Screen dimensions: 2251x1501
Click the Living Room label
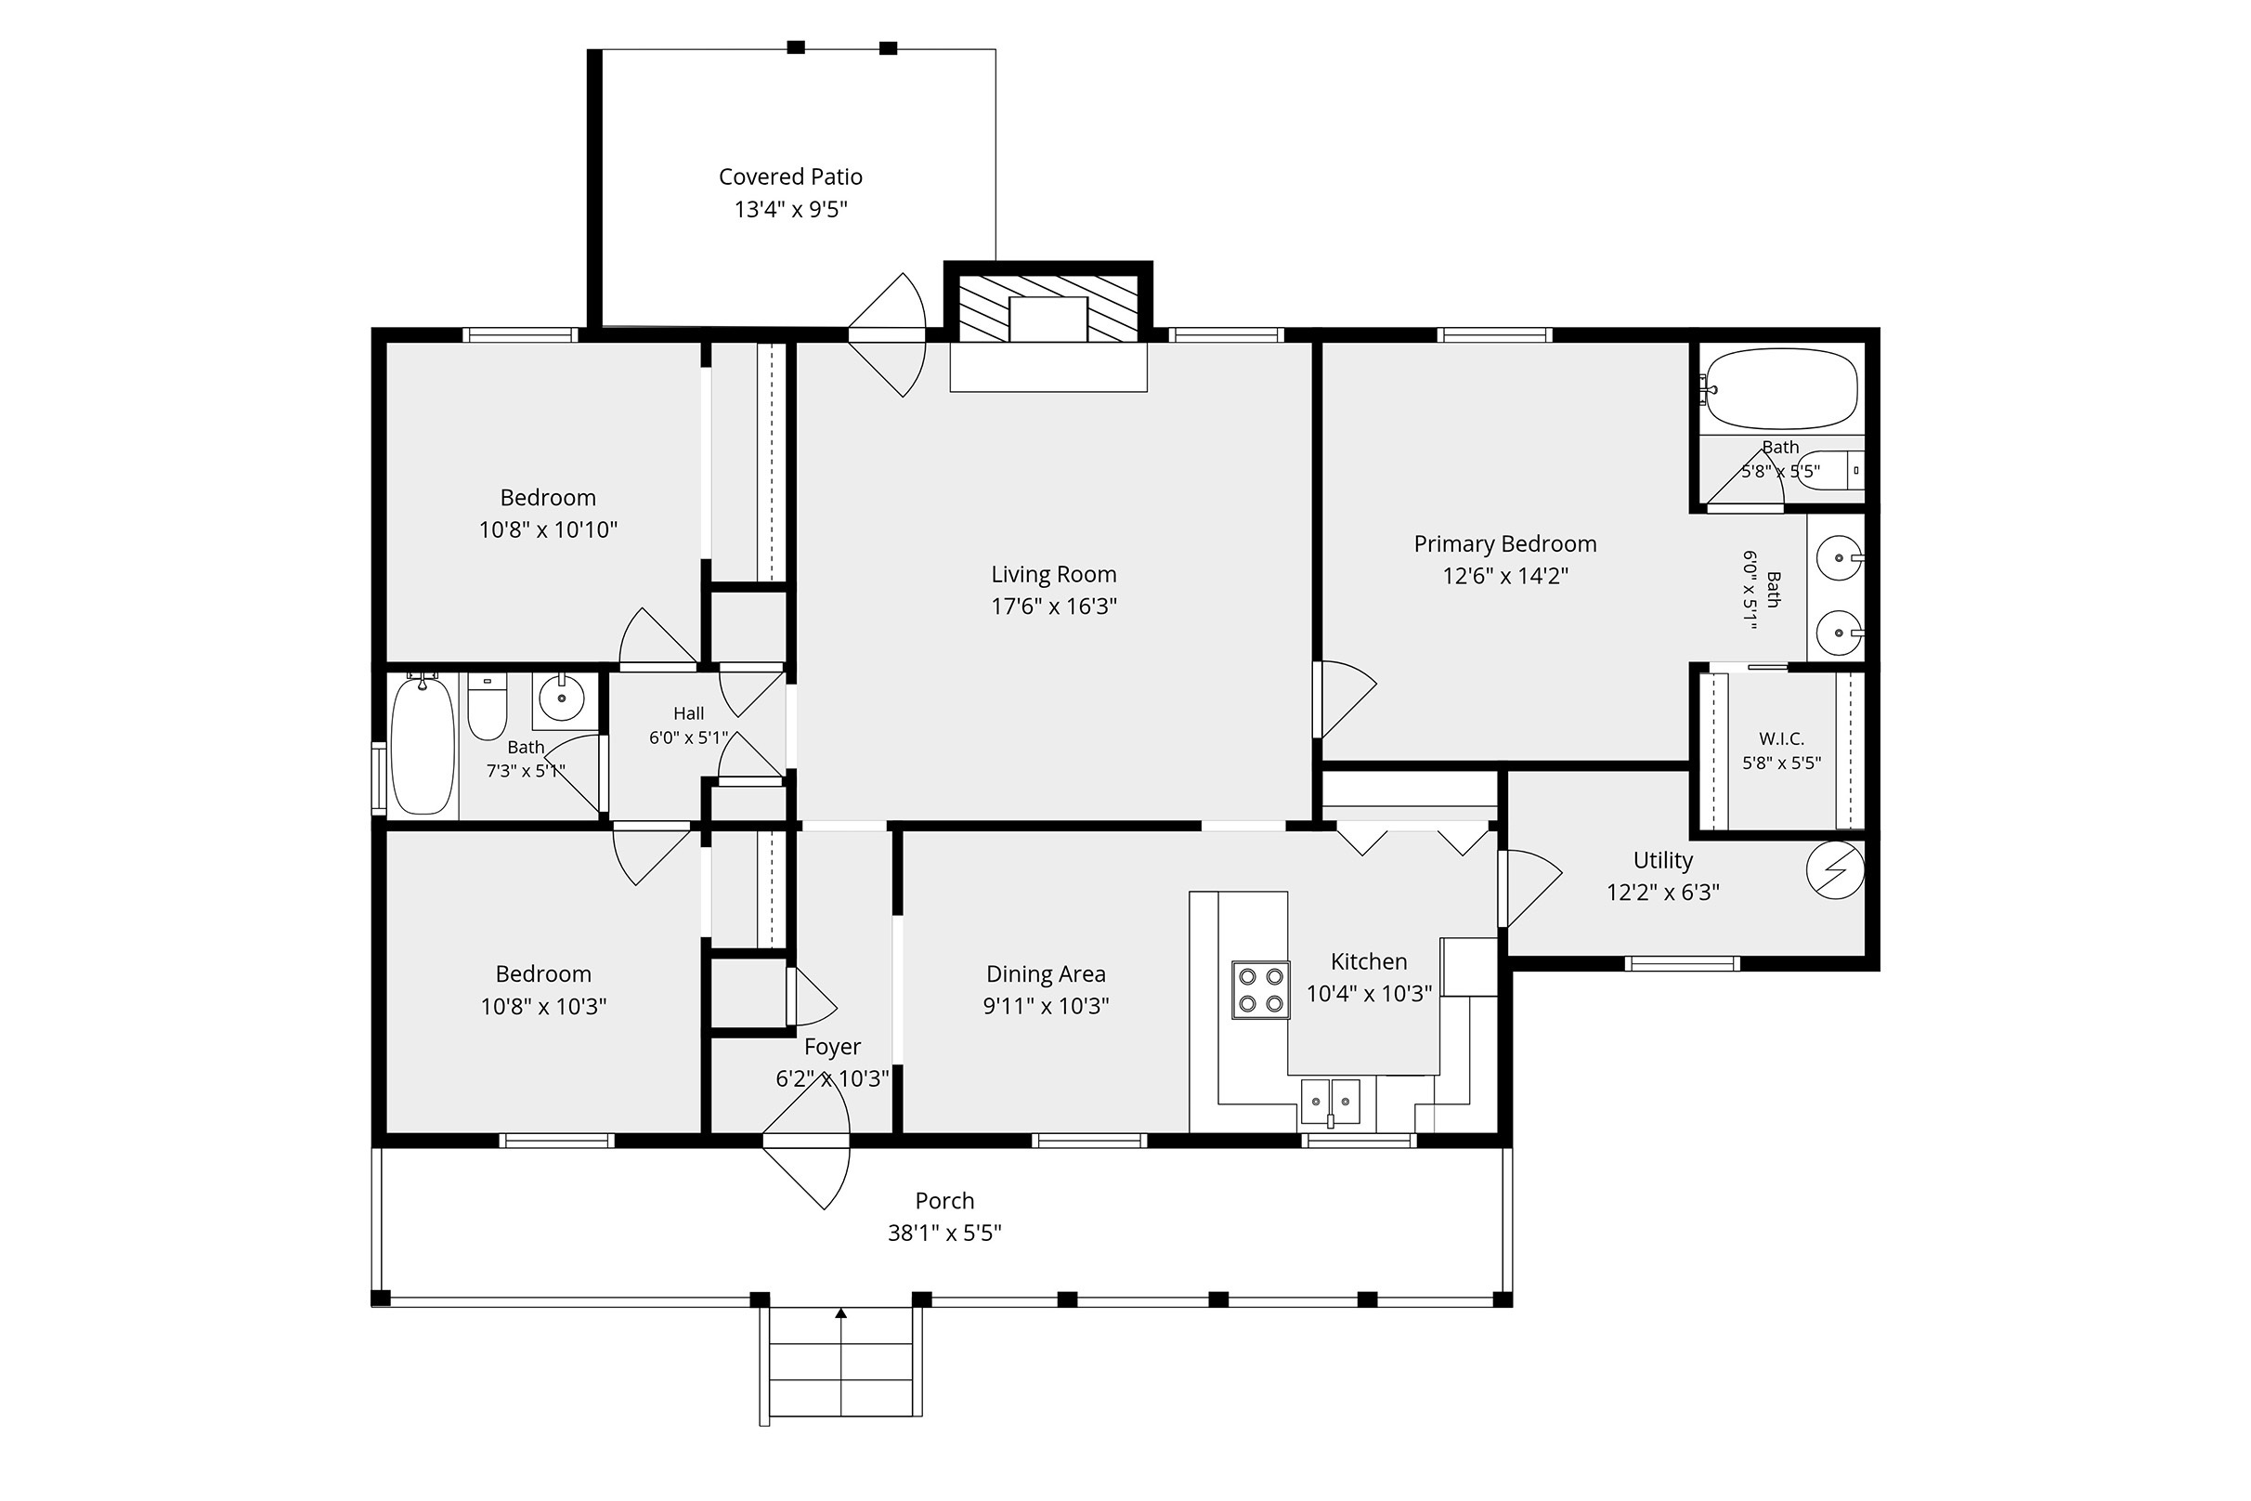pos(1054,574)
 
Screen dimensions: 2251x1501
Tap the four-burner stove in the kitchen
pos(1260,990)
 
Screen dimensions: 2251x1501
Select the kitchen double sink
pos(1331,1102)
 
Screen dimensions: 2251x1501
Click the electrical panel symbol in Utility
pos(1835,870)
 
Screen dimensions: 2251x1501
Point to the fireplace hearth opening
pos(1048,319)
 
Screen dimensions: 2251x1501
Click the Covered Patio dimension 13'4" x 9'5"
pos(791,210)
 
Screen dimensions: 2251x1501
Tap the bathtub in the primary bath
pos(1780,388)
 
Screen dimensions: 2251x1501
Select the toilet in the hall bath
pos(488,707)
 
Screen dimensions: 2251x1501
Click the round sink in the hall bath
pos(562,699)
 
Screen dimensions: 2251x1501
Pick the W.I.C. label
pos(1781,739)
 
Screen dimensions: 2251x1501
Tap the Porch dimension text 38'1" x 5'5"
pos(944,1233)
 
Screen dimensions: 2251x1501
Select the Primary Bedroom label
pos(1505,543)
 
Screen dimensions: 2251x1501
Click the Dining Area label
pos(1046,974)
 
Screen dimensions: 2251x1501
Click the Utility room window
pos(1682,963)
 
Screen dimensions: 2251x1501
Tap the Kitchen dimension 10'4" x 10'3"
pos(1370,994)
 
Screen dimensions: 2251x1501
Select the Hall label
pos(688,713)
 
